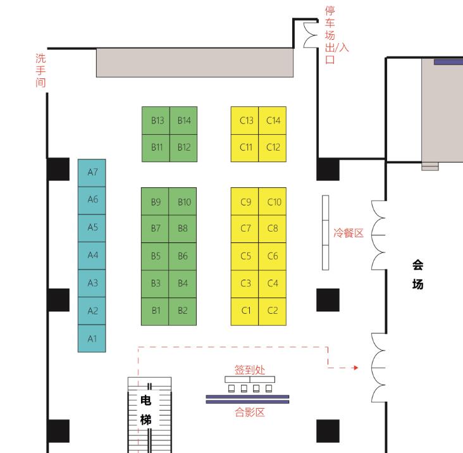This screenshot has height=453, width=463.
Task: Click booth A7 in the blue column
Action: [x=92, y=173]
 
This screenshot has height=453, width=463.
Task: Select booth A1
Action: [x=92, y=338]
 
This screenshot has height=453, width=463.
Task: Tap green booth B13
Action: [x=156, y=120]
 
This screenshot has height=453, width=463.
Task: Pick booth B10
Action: [x=183, y=201]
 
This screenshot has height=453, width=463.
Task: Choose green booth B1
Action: [x=155, y=311]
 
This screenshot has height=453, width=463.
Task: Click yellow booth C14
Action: [x=272, y=120]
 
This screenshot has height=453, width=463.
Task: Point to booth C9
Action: [x=245, y=201]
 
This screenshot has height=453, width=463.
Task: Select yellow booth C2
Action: [x=272, y=311]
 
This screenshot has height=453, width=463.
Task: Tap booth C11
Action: [x=245, y=148]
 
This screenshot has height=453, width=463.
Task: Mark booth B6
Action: [x=183, y=256]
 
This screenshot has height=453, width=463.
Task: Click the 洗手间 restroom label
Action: [x=40, y=70]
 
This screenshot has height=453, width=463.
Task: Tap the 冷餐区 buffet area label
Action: [x=349, y=233]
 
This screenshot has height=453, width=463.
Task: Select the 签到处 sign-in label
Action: [x=250, y=369]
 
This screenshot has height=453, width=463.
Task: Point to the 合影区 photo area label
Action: [x=250, y=412]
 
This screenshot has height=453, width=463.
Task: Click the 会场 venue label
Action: [x=418, y=275]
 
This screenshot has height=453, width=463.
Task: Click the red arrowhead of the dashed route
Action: [x=356, y=368]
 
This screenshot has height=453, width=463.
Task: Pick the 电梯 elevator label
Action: [x=146, y=410]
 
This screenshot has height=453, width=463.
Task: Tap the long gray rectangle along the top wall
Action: [x=195, y=63]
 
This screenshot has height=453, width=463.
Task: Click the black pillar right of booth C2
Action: [x=328, y=300]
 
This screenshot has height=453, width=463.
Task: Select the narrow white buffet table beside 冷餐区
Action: [x=325, y=232]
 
